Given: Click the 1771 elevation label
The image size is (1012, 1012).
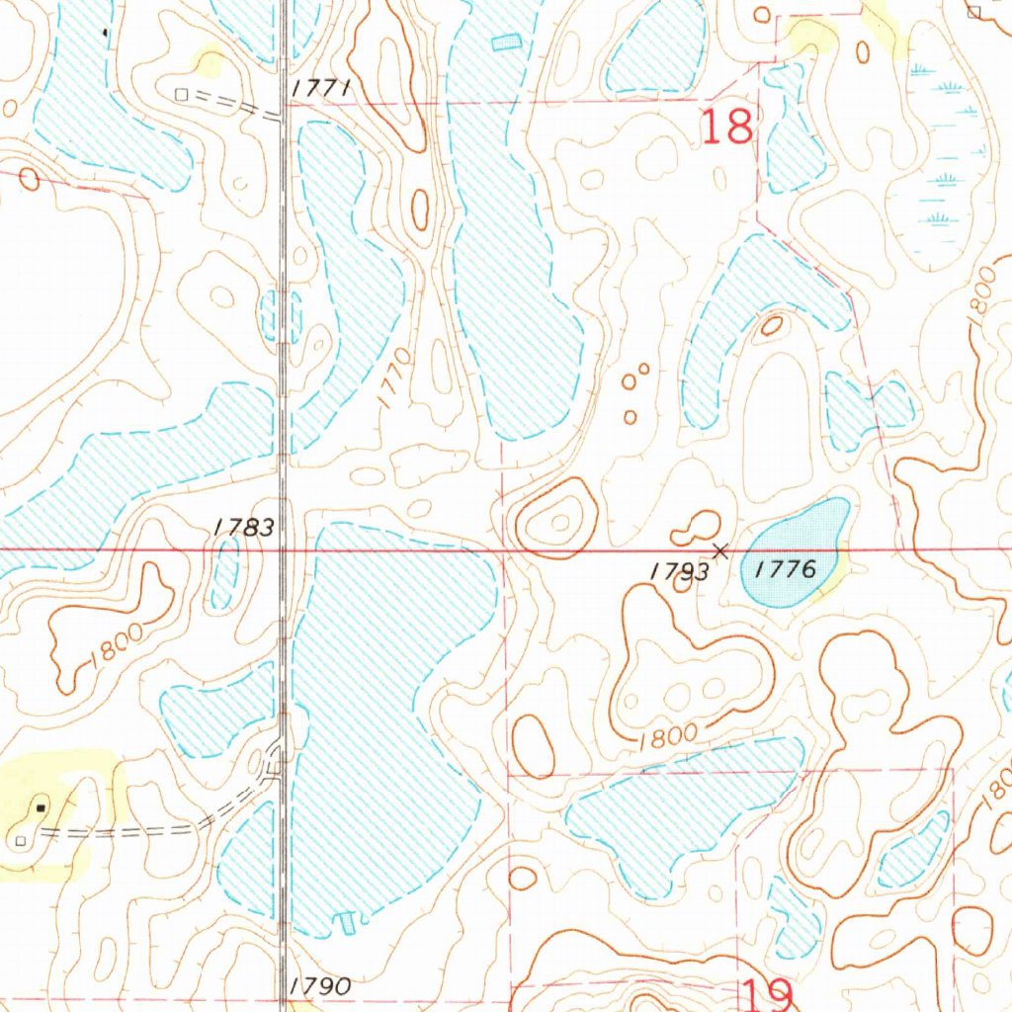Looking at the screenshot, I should (321, 90).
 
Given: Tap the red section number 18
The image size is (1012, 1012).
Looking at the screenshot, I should (728, 127).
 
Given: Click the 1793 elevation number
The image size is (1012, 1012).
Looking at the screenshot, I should (680, 571).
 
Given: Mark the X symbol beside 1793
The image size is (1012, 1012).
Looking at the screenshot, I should (721, 549).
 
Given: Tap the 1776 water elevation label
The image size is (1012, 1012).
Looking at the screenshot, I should (786, 568).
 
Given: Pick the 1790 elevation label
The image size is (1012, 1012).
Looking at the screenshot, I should (321, 985).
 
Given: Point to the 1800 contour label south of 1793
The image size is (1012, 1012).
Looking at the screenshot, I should (669, 735).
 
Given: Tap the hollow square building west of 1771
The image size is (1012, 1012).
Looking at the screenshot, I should (180, 94).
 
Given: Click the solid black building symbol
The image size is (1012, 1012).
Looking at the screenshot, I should (41, 807).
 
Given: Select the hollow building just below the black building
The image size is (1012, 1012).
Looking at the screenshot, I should (21, 840).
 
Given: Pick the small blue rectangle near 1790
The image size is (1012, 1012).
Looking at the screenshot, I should (347, 923).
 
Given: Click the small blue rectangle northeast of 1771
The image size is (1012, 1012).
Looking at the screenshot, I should (505, 42).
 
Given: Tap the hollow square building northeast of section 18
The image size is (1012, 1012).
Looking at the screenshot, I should (973, 12).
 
